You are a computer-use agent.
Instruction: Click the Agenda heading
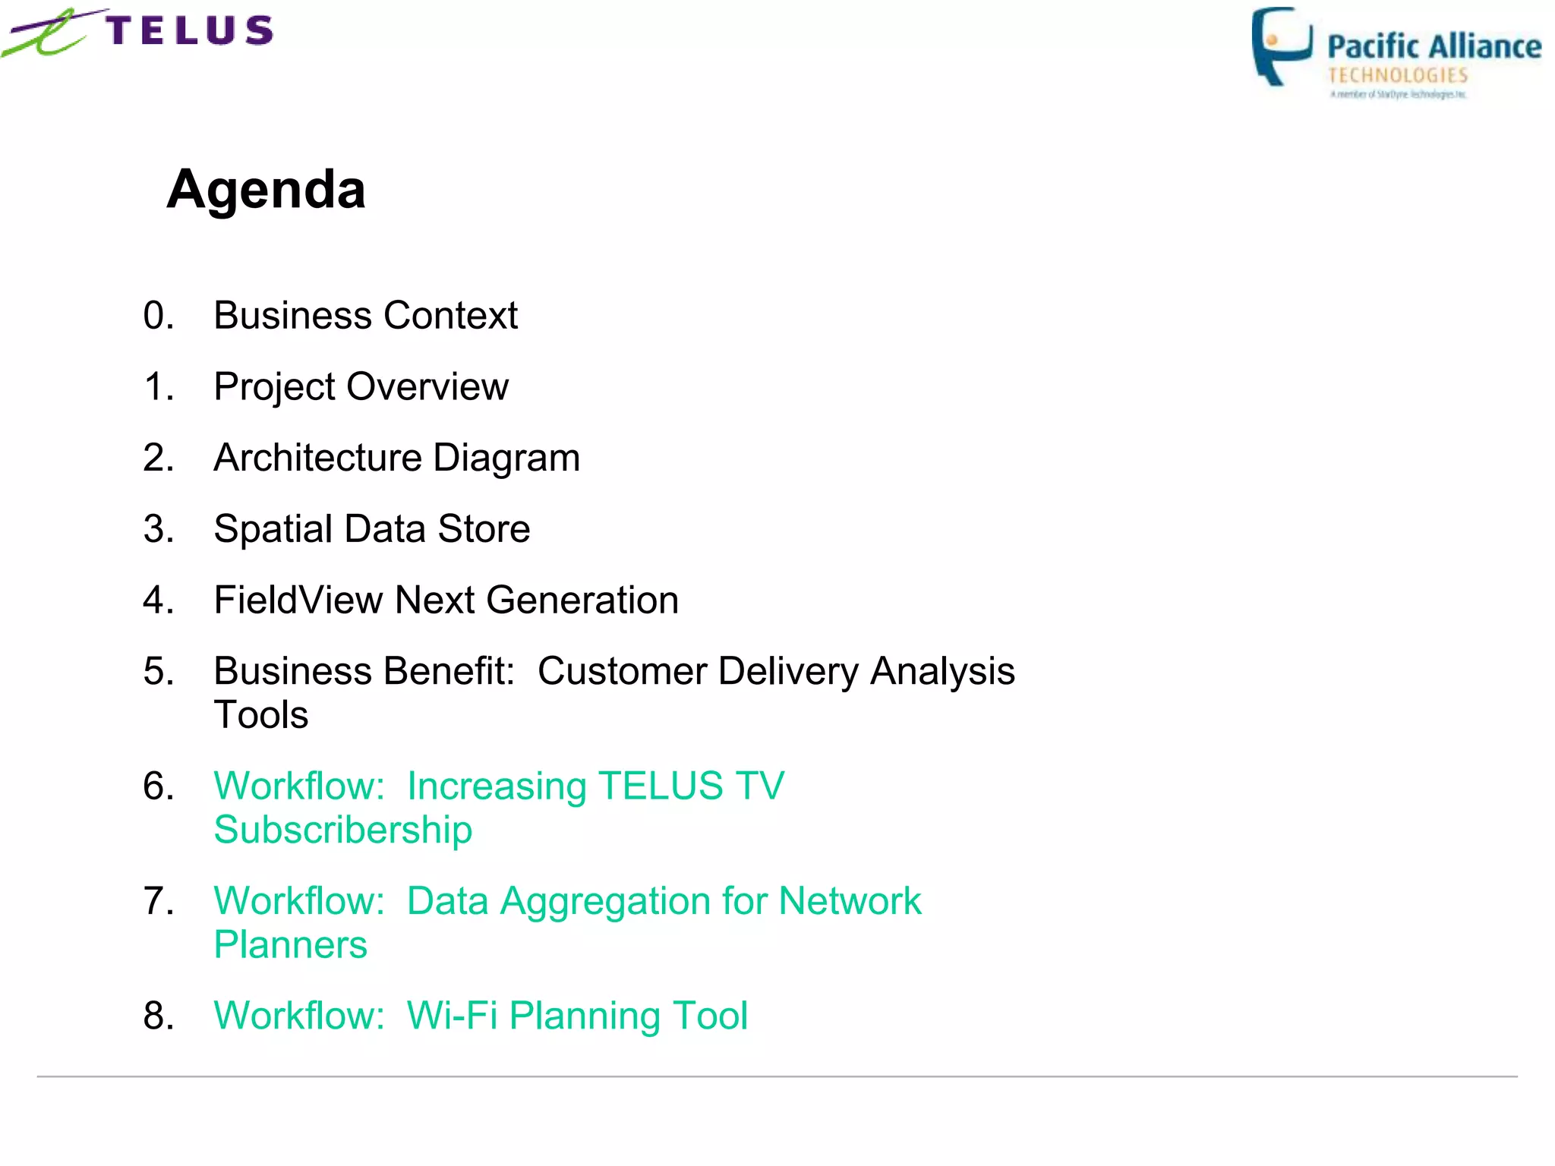[x=266, y=189]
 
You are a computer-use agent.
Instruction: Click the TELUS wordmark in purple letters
[x=190, y=31]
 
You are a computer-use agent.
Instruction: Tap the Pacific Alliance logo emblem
[x=1280, y=46]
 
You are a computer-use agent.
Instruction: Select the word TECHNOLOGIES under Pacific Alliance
[x=1397, y=75]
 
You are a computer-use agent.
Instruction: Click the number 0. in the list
[x=158, y=316]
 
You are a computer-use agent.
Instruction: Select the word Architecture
[x=317, y=459]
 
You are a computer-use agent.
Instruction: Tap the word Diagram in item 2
[x=506, y=459]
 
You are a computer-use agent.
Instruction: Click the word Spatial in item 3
[x=273, y=529]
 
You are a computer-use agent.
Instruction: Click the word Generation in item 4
[x=582, y=600]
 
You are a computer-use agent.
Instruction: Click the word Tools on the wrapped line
[x=261, y=715]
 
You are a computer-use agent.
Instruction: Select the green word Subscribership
[x=342, y=830]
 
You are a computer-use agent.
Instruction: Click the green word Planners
[x=290, y=945]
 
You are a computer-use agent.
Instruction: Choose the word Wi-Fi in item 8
[x=452, y=1016]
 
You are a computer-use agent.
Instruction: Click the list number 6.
[x=158, y=786]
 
